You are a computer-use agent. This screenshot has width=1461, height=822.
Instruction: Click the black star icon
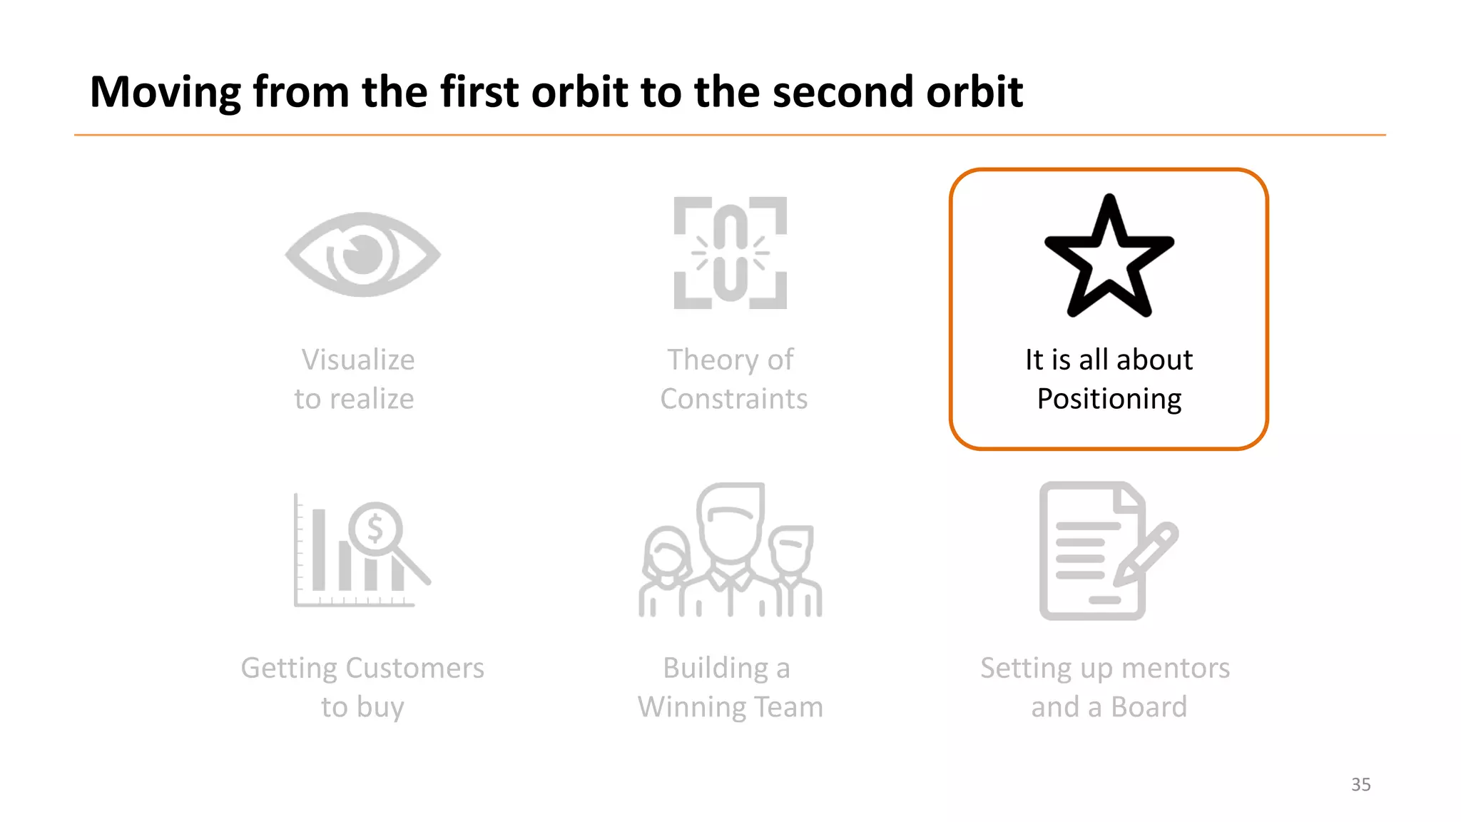click(1109, 257)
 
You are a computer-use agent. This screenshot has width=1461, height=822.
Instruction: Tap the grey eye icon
click(362, 254)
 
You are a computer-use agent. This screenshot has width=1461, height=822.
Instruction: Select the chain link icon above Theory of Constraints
click(730, 253)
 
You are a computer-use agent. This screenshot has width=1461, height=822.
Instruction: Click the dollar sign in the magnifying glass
click(375, 529)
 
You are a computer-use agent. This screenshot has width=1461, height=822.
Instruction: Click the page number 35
click(1360, 784)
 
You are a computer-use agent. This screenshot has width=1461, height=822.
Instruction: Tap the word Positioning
click(1109, 399)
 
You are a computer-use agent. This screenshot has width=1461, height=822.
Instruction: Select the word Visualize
click(357, 360)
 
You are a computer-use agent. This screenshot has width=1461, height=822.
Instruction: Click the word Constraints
click(733, 399)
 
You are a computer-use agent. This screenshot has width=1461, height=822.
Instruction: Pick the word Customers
click(414, 668)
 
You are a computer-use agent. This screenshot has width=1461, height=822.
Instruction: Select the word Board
click(1149, 707)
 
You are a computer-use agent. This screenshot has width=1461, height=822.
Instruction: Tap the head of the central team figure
click(730, 521)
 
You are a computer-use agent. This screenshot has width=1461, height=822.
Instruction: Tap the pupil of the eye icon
click(364, 253)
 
